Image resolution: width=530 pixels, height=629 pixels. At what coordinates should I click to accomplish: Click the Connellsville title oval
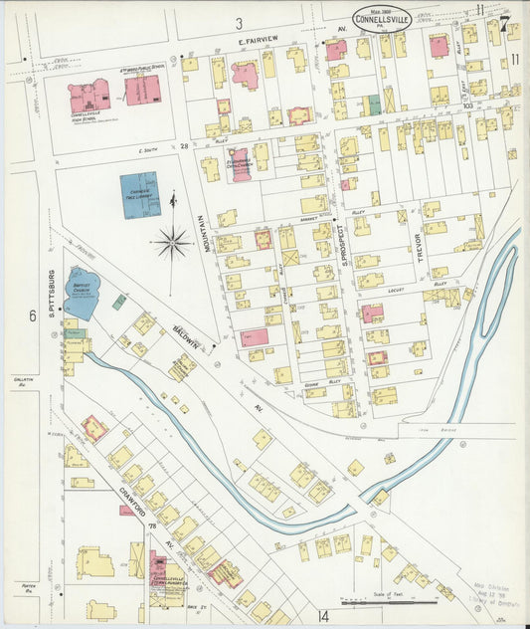[x=380, y=17]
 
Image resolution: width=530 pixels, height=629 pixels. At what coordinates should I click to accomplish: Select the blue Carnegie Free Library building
[x=140, y=195]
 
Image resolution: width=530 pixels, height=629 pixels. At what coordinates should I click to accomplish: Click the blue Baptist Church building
[x=82, y=294]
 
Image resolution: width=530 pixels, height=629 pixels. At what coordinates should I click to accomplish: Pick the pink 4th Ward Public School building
[x=143, y=90]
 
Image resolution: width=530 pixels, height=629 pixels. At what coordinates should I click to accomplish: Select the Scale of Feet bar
[x=388, y=601]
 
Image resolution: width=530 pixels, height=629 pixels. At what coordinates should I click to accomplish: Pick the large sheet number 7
[x=504, y=22]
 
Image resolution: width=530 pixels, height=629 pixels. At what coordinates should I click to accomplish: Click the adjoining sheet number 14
[x=322, y=617]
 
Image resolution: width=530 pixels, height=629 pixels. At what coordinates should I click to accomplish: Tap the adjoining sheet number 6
[x=32, y=315]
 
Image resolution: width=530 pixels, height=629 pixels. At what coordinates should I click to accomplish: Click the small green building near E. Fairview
[x=374, y=104]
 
